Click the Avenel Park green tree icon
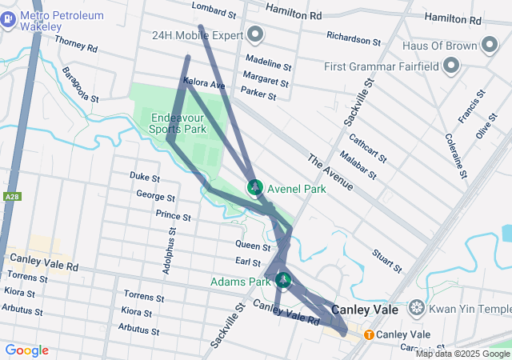(x=255, y=189)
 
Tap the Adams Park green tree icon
(x=282, y=280)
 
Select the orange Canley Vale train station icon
(x=369, y=334)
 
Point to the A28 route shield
(x=11, y=197)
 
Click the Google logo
(x=26, y=350)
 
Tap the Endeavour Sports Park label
(x=178, y=123)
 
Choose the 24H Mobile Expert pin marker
(x=255, y=34)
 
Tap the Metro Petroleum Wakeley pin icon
(x=7, y=19)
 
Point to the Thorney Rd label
(x=76, y=46)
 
